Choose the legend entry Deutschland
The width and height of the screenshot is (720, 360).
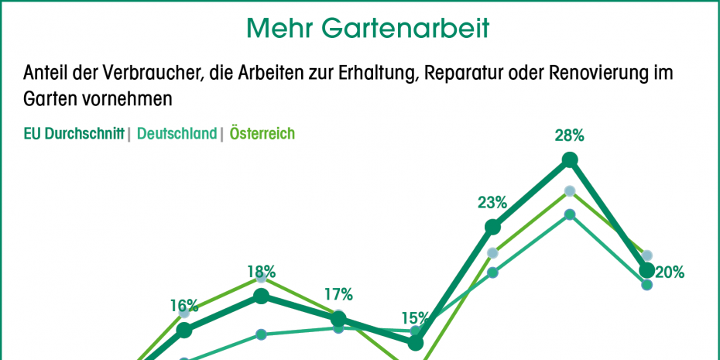[177, 134]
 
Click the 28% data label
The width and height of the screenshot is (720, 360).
[569, 135]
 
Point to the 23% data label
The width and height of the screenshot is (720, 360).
[492, 203]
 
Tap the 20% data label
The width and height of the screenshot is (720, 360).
[669, 272]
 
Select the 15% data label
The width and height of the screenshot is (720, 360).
[415, 317]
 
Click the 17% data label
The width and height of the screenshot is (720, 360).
[338, 294]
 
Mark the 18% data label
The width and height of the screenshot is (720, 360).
[261, 272]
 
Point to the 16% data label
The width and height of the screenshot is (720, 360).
[184, 306]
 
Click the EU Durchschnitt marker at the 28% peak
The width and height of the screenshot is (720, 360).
[570, 160]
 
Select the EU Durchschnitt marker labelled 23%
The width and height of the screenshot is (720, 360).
[492, 227]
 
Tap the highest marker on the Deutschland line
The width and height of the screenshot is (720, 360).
[570, 214]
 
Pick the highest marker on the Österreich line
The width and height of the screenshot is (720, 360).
[570, 190]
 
